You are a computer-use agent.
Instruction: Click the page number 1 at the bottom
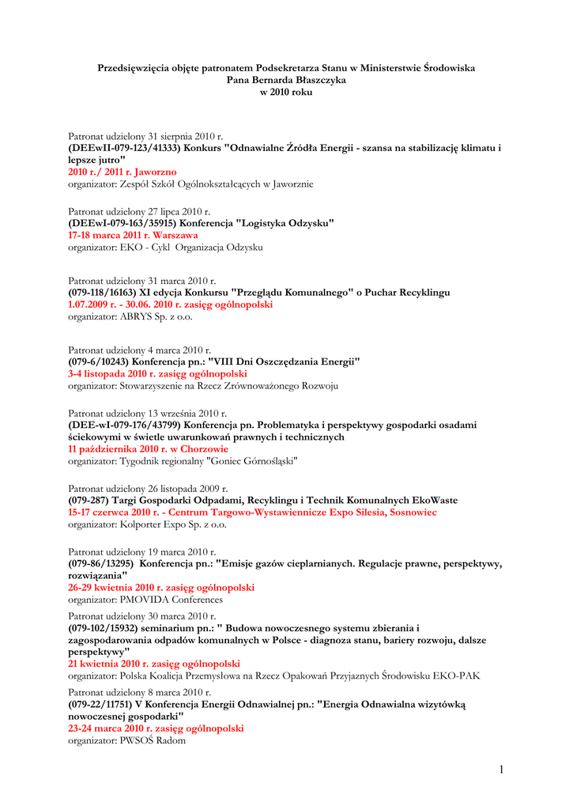pos(500,769)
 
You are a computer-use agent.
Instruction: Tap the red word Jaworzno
pos(156,172)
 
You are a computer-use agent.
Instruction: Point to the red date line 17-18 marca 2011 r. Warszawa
pos(133,235)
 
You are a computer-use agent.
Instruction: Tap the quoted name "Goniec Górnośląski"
pos(252,460)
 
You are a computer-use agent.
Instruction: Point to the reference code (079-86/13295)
pos(100,564)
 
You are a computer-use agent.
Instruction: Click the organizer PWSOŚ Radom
pos(153,740)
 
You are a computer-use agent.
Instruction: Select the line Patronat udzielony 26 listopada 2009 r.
pos(148,489)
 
